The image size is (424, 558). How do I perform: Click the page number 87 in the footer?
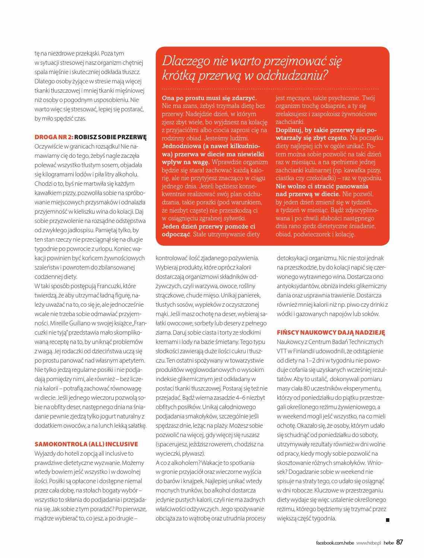coord(399,542)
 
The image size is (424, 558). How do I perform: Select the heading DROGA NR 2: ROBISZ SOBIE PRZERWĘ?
coord(91,137)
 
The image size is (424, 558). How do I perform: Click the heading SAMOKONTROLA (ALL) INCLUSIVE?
coord(86,444)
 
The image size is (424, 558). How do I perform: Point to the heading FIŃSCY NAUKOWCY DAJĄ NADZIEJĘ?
coord(331,332)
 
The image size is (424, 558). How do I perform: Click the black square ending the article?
coord(387,520)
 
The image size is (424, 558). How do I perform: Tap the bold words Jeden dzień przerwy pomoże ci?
coord(208,226)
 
